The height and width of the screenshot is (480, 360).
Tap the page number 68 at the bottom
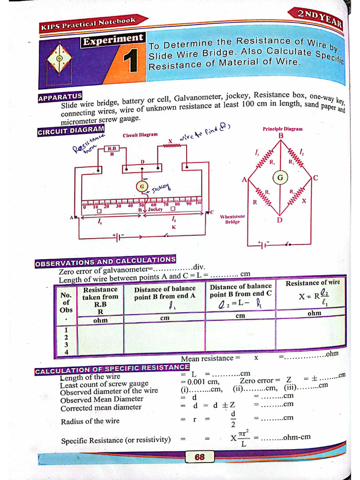click(x=199, y=457)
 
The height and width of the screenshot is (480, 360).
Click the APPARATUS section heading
click(x=60, y=97)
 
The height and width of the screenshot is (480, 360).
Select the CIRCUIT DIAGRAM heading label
click(x=70, y=130)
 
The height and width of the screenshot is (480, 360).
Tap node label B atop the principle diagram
click(x=281, y=136)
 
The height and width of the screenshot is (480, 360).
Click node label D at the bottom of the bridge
click(x=280, y=220)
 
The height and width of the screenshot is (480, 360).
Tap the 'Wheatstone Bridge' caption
click(x=232, y=219)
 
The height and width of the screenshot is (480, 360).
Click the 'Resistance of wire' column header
click(x=313, y=283)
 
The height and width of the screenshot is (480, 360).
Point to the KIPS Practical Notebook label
click(x=89, y=23)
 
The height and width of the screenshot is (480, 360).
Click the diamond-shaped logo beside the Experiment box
click(x=60, y=58)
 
